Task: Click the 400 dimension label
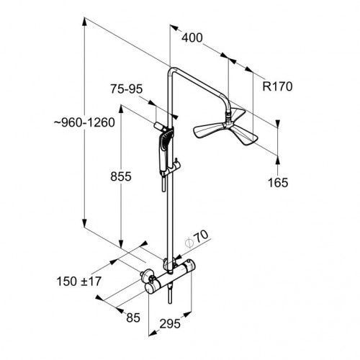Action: tap(192, 38)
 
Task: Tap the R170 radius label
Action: tap(277, 86)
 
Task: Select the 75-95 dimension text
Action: tap(127, 89)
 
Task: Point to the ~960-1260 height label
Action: tap(84, 122)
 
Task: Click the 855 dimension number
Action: tap(121, 176)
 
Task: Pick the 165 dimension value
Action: tap(278, 183)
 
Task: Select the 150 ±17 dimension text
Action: tap(79, 282)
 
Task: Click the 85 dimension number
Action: tap(133, 318)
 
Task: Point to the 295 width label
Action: tap(170, 324)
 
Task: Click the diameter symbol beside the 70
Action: tap(189, 243)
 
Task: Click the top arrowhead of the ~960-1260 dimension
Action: tap(84, 22)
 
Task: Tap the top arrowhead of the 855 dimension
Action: tap(121, 109)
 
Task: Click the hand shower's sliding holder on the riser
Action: tap(175, 166)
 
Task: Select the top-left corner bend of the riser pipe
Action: tap(171, 70)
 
